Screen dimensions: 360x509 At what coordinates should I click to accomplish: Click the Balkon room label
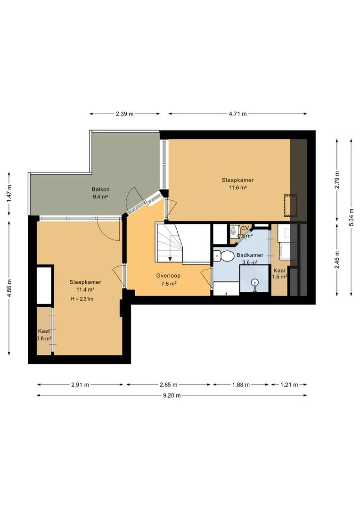click(100, 189)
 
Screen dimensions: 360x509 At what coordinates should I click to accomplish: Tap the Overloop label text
click(168, 276)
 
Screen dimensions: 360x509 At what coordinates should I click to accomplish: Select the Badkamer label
click(250, 255)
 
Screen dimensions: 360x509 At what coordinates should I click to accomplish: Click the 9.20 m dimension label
click(172, 395)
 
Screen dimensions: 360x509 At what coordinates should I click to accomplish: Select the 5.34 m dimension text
click(351, 217)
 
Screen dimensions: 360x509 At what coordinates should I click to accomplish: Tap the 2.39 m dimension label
click(125, 114)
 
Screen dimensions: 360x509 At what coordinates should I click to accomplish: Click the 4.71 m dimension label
click(237, 114)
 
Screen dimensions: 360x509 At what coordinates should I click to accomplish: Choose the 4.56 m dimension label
click(9, 288)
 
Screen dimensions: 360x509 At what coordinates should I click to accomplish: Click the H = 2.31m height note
click(82, 299)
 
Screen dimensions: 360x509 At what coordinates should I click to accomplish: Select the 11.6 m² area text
click(238, 187)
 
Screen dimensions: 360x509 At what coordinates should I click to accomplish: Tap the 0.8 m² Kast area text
click(44, 338)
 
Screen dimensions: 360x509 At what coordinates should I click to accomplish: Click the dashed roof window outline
click(291, 205)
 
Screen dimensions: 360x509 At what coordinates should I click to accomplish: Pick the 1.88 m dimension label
click(240, 385)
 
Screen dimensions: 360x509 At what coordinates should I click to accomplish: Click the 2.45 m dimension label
click(337, 259)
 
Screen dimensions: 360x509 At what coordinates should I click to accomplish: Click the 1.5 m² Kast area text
click(279, 277)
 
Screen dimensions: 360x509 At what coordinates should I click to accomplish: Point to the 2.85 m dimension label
click(169, 385)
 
